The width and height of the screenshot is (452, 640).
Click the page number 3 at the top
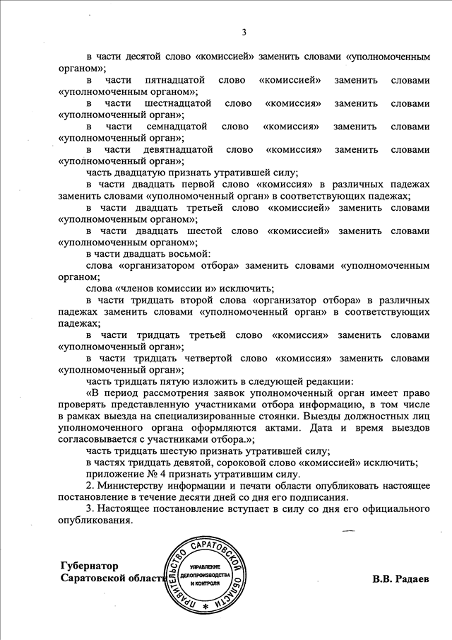[244, 32]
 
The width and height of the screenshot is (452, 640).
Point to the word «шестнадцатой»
[176, 103]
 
